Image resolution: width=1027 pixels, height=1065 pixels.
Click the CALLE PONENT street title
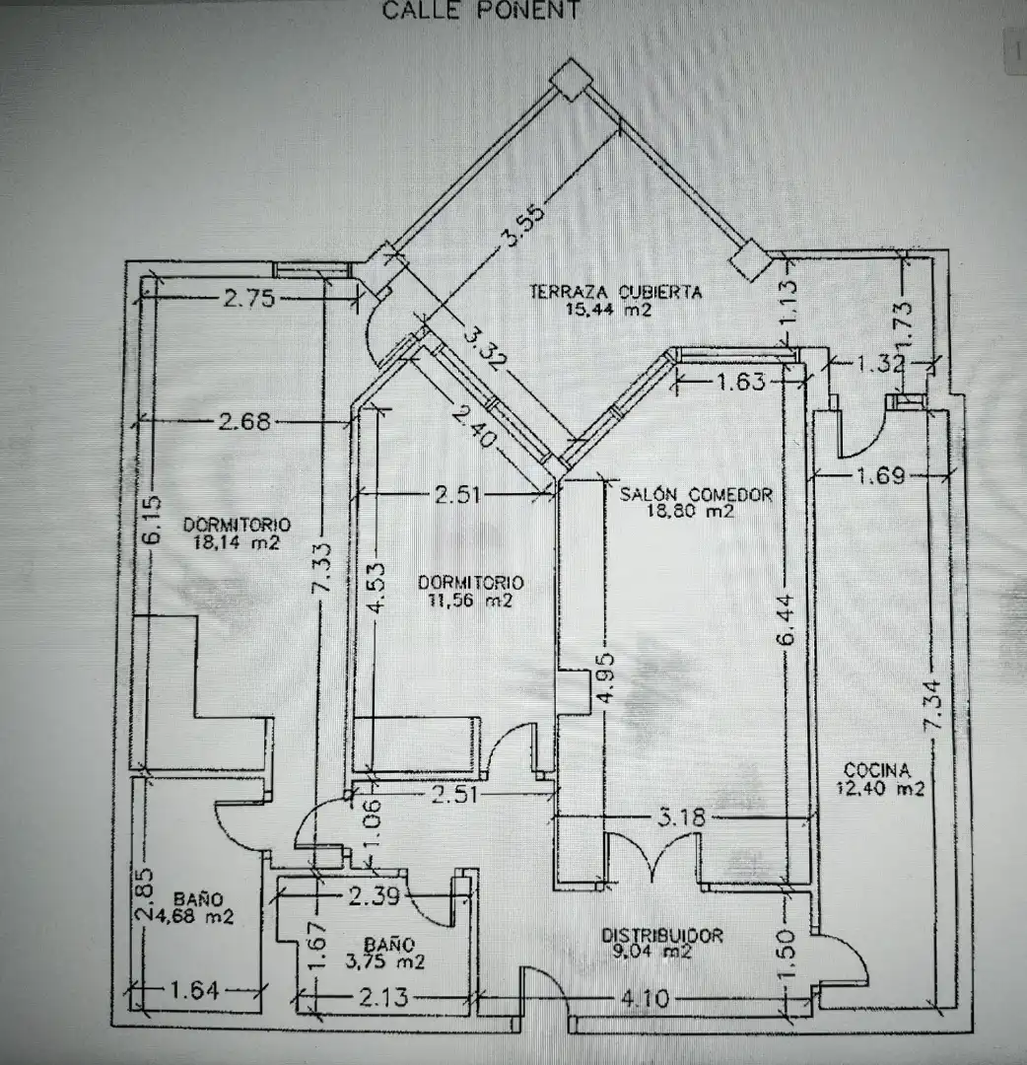481,10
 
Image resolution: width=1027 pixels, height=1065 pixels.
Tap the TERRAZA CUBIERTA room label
615,292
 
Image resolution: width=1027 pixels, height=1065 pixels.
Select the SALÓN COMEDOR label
696,494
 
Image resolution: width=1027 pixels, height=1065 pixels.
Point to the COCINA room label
877,770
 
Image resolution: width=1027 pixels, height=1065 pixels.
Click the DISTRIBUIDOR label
662,935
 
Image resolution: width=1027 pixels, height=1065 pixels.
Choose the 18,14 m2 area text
237,542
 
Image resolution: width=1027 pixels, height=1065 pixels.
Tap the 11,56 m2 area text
470,600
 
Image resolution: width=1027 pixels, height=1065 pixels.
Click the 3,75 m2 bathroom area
384,961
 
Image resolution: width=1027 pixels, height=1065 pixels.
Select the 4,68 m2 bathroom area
194,916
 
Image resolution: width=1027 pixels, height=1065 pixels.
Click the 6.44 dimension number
786,619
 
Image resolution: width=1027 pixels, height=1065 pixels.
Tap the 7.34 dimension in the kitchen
933,706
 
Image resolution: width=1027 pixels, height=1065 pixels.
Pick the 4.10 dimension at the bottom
645,998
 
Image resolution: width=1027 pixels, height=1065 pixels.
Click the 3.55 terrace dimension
522,226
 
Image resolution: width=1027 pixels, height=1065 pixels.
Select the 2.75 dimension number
249,298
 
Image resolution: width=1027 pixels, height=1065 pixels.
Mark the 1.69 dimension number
880,475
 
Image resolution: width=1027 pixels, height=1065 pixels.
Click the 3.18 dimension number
681,817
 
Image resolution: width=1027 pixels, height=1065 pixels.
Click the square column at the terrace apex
571,79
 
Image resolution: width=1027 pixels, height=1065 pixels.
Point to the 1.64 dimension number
194,990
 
